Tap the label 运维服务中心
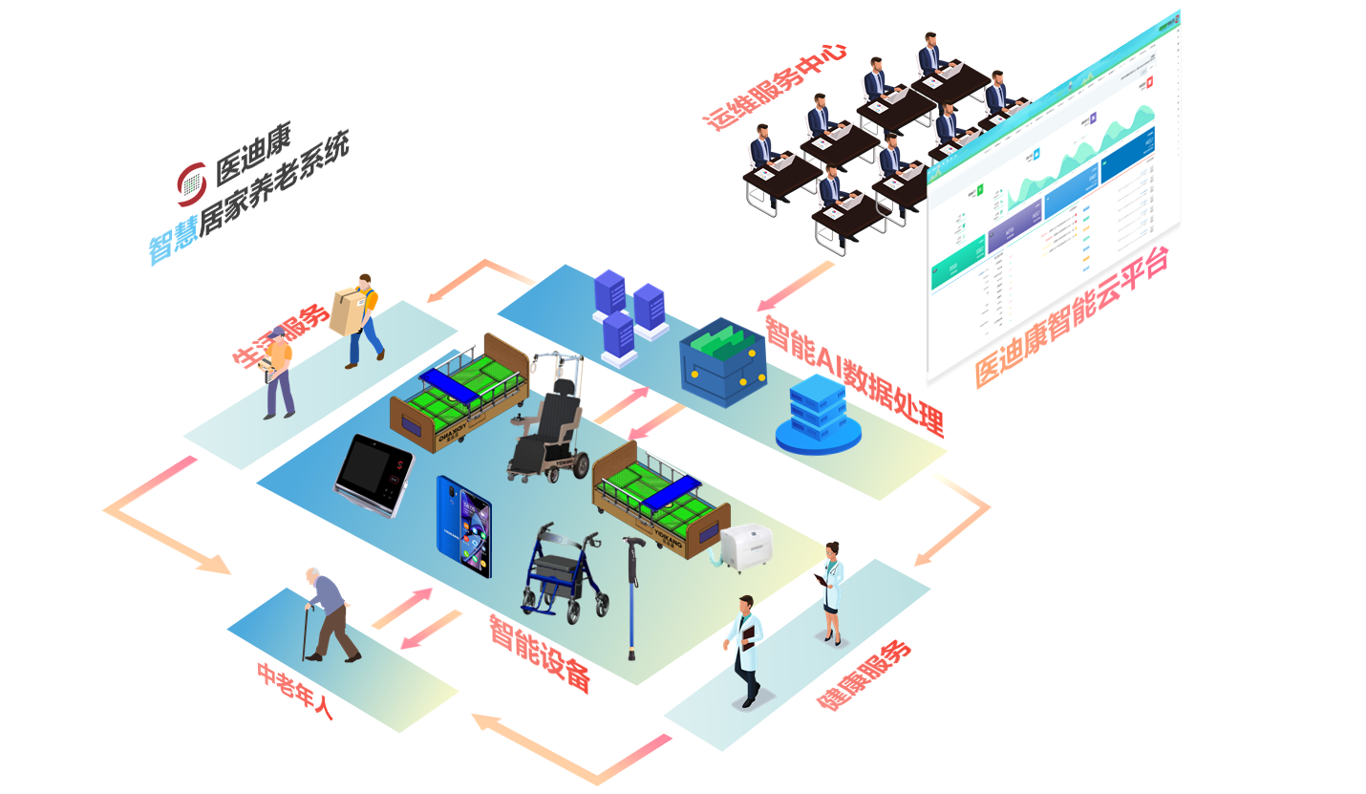(776, 86)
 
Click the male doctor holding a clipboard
(745, 650)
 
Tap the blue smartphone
(464, 526)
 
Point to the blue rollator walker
(564, 573)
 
